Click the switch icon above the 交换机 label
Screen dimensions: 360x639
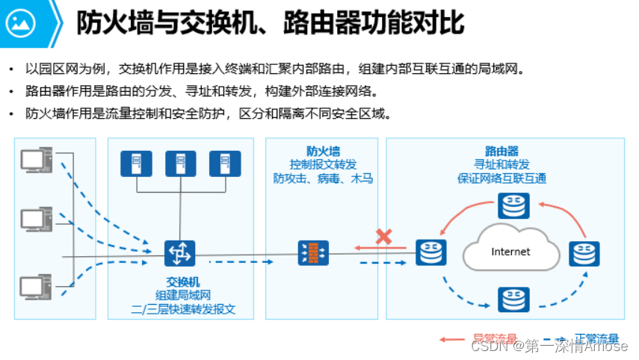click(x=179, y=252)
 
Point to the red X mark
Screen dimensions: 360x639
click(x=384, y=237)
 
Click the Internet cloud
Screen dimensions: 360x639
click(x=510, y=252)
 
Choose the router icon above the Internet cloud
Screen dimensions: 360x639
click(x=513, y=205)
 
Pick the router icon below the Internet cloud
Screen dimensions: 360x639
click(x=513, y=299)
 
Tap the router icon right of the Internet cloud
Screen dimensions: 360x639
click(x=584, y=253)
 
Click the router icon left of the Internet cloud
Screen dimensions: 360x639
click(x=431, y=252)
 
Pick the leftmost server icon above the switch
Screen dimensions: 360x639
click(x=136, y=164)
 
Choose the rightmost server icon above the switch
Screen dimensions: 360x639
click(x=224, y=164)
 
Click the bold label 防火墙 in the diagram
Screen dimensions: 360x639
click(x=323, y=151)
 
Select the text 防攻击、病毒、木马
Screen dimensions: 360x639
click(x=323, y=179)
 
